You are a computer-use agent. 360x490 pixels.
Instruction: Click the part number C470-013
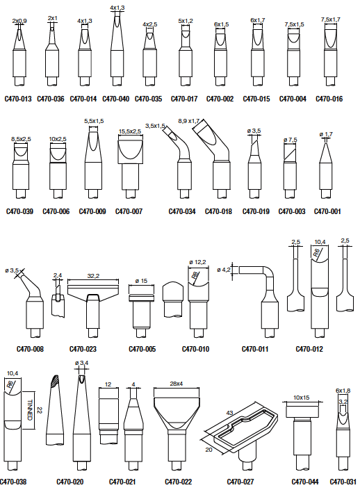point(18,99)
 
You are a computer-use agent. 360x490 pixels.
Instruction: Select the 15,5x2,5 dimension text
point(130,131)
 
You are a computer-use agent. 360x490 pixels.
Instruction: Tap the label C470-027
point(240,482)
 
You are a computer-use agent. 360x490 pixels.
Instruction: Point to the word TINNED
point(30,410)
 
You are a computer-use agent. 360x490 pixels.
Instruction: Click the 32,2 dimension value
point(93,276)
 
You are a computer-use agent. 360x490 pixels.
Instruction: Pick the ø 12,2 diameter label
point(197,262)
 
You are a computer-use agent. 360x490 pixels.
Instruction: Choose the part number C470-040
point(115,99)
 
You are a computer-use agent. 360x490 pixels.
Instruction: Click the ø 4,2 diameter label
point(224,270)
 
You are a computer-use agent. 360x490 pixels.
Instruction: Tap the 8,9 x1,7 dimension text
point(189,121)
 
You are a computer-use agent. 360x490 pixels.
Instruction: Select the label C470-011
point(255,349)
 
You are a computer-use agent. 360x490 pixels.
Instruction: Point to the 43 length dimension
point(229,413)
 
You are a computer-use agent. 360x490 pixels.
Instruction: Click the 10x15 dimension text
point(301,398)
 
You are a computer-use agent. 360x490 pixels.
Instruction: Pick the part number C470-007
point(129,211)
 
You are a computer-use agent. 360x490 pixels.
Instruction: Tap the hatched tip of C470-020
point(54,381)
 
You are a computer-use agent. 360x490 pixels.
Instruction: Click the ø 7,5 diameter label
point(291,140)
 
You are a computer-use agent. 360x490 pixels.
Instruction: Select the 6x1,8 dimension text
point(343,391)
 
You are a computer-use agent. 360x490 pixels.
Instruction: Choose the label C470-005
point(142,349)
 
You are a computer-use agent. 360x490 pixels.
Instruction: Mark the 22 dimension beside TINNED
point(40,410)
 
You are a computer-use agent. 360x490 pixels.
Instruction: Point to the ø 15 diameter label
point(141,281)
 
